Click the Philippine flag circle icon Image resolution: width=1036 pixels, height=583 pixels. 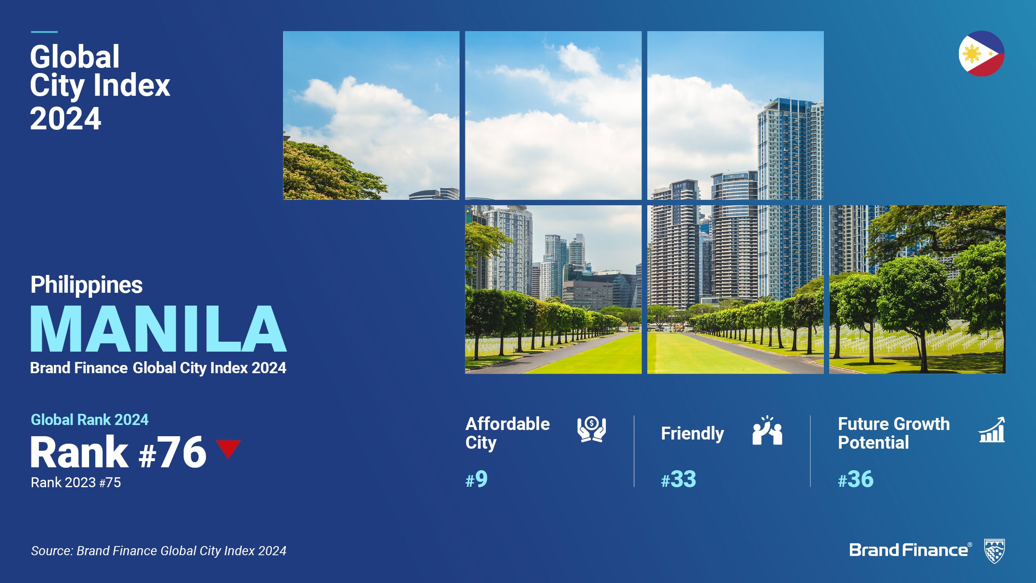[981, 53]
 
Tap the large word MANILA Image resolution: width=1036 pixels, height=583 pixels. [158, 329]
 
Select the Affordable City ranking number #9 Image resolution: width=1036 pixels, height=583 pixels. [477, 479]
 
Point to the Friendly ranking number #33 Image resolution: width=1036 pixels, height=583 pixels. [678, 479]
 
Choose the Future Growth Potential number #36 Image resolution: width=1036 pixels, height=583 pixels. [855, 479]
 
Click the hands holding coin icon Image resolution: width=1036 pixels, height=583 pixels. [592, 429]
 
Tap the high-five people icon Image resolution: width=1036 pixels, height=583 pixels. [767, 430]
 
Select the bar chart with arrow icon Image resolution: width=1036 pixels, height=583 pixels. [992, 430]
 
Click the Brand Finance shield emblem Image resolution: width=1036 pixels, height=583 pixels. [994, 551]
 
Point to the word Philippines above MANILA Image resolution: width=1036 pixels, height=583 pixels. [87, 285]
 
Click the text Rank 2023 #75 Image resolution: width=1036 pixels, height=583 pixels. [76, 483]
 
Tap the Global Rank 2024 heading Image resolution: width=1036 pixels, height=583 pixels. [90, 420]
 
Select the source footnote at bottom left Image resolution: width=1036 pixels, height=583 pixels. [158, 551]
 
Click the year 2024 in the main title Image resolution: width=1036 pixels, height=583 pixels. [65, 119]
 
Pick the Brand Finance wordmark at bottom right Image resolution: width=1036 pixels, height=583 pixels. [910, 550]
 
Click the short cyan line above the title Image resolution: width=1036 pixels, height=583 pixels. [44, 32]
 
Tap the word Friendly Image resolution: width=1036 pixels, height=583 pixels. [692, 434]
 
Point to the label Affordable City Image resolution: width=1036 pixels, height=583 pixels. [508, 433]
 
